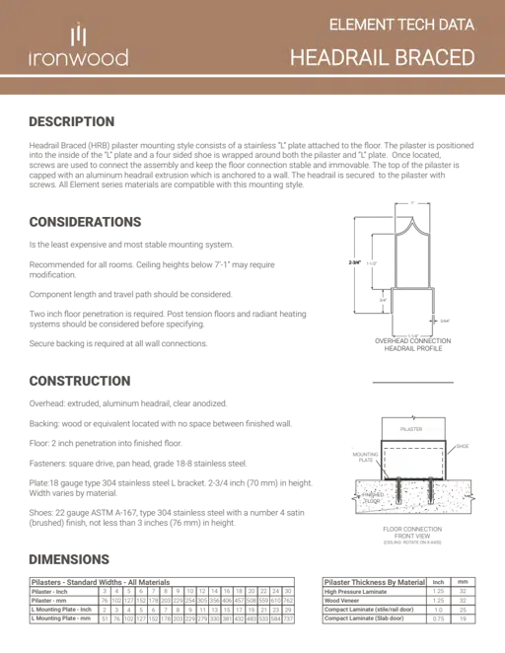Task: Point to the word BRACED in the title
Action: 437,57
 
